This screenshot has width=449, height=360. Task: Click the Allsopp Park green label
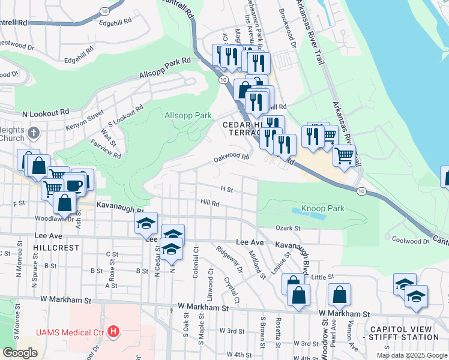(x=188, y=115)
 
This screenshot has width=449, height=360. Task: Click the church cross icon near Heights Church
(x=34, y=133)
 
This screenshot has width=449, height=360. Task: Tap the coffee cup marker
(x=74, y=185)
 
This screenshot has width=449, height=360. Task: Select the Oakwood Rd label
(x=232, y=158)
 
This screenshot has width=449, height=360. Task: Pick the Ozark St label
(x=288, y=228)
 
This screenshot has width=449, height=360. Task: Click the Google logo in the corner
(x=20, y=353)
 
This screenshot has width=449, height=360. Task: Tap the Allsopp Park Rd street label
(x=164, y=67)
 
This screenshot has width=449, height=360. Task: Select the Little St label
(x=322, y=277)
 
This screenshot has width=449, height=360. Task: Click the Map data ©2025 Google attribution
(x=412, y=355)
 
